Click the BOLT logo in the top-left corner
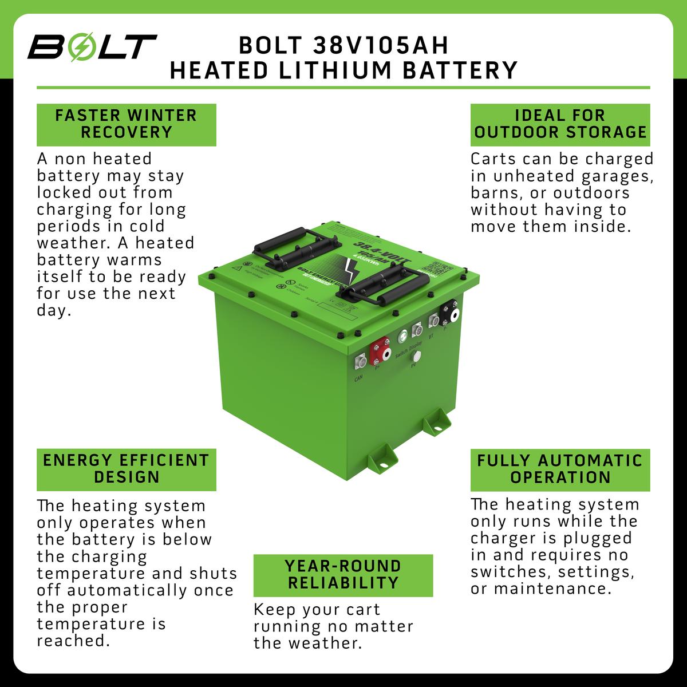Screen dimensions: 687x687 click(x=92, y=48)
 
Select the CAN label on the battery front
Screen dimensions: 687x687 click(x=358, y=378)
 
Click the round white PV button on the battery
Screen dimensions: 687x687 click(x=416, y=357)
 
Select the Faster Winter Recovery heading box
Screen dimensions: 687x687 click(x=127, y=124)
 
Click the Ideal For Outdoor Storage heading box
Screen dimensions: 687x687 click(x=560, y=124)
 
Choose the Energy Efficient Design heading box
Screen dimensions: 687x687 click(x=127, y=469)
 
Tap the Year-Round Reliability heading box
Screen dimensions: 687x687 click(x=343, y=575)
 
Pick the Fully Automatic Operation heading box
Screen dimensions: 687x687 click(x=560, y=469)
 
